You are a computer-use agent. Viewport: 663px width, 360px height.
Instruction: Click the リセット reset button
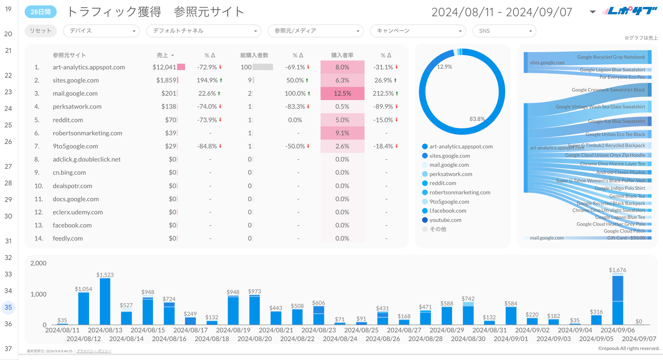pos(40,31)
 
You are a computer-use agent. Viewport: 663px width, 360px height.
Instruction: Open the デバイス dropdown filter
pos(101,31)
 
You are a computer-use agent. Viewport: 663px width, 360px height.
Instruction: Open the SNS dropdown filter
pos(504,31)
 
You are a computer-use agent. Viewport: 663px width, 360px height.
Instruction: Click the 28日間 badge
pos(40,12)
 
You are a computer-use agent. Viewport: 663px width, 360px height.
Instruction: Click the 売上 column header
pos(163,55)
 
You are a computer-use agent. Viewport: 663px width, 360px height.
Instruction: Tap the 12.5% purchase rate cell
pos(342,93)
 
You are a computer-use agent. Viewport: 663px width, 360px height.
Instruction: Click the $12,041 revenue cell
pos(164,67)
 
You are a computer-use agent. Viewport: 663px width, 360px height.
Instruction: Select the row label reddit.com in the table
pos(68,120)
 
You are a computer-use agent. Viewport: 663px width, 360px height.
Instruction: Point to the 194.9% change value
pos(207,80)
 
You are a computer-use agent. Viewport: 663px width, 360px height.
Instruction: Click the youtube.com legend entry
pos(445,220)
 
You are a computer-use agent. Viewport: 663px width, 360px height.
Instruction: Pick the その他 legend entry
pos(438,229)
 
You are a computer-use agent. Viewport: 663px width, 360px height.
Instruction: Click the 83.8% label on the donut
pos(477,119)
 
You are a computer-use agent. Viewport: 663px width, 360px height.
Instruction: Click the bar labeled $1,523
pos(105,301)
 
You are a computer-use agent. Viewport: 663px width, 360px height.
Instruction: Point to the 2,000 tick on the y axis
pos(39,264)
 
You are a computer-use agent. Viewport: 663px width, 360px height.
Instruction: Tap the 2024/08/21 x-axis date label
pos(275,330)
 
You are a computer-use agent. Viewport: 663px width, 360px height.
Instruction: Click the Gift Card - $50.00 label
pos(626,238)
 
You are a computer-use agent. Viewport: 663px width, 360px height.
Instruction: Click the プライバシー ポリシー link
pos(94,351)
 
